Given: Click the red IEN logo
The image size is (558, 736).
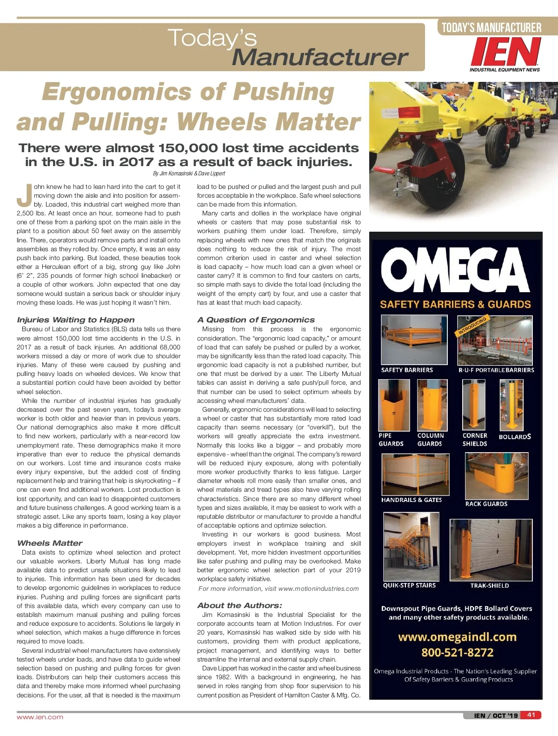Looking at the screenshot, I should [505, 52].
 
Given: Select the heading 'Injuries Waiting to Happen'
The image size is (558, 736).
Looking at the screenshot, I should [76, 320].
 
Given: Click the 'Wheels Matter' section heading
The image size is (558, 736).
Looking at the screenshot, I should [50, 543].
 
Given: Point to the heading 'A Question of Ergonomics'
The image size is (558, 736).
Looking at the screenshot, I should [256, 320].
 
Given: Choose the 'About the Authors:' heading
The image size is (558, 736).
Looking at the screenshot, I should [239, 605].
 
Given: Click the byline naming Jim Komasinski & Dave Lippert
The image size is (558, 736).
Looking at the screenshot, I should [189, 174].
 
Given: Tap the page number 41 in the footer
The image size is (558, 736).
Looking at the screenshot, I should [531, 715].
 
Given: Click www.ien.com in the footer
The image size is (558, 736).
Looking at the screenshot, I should [40, 717].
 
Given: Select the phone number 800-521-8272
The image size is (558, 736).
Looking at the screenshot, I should [457, 652].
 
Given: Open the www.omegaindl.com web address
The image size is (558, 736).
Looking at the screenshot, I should [457, 637].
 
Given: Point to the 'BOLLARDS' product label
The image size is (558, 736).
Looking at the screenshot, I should [515, 437].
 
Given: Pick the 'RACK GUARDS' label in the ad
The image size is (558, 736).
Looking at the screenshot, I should [486, 504].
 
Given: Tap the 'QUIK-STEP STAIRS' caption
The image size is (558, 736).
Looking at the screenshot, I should [409, 585].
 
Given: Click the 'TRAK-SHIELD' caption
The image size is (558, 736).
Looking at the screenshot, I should [490, 586].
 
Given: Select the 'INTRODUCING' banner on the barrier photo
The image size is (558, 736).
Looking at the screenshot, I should [472, 326].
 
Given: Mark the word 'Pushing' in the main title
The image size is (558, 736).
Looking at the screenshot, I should [284, 92].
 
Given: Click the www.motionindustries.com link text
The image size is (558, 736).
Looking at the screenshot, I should [319, 589].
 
